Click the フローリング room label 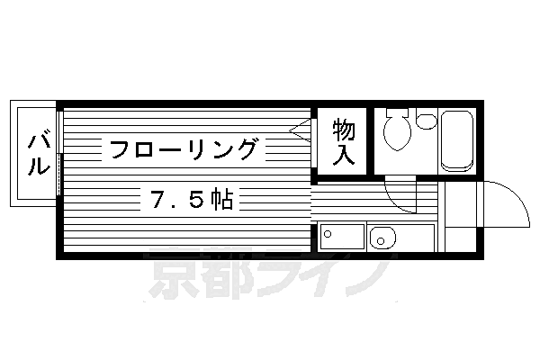184,148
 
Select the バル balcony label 37,154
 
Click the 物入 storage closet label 343,141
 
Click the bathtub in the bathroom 458,140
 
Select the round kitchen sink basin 381,239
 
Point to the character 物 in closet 343,130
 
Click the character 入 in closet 343,154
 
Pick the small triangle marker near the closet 301,129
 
